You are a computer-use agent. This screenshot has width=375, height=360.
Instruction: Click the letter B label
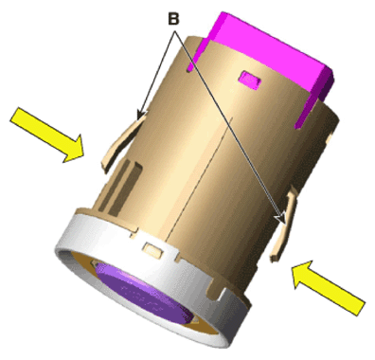tap(173, 19)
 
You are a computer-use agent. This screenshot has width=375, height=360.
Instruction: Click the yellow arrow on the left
tap(48, 135)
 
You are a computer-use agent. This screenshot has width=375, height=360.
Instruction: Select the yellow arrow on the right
tap(329, 288)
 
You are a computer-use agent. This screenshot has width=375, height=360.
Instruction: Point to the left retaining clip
tap(122, 143)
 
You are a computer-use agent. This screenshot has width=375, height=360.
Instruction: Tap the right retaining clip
tap(283, 225)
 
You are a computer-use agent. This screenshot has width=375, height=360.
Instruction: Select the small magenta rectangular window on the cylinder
tap(250, 80)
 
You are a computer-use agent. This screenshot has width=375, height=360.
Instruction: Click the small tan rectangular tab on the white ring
tap(153, 248)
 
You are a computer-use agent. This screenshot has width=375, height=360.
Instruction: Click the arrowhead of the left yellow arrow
tap(74, 150)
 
